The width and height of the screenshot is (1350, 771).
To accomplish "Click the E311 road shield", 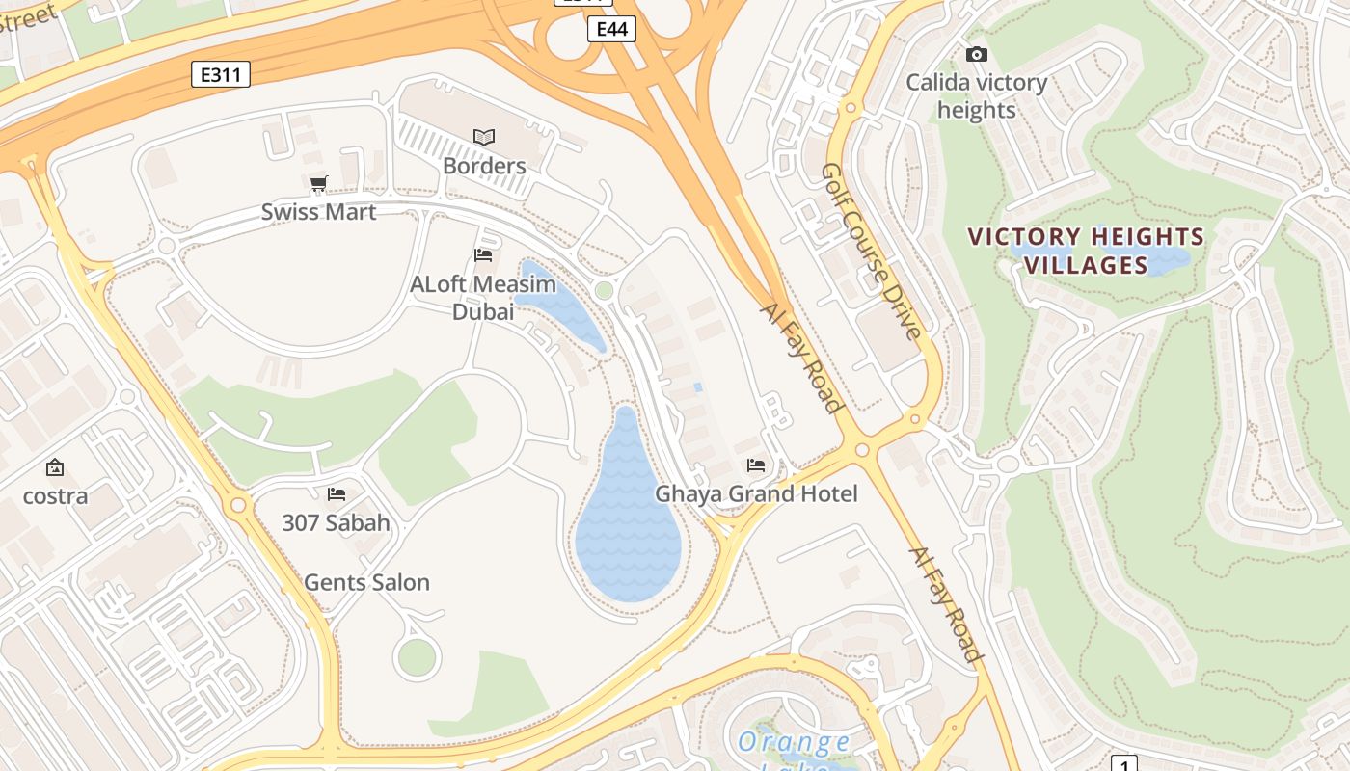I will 221,74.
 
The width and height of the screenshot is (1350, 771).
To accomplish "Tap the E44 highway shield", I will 611,29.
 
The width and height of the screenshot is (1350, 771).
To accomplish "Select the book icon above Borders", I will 483,138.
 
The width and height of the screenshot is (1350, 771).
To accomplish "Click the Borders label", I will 484,166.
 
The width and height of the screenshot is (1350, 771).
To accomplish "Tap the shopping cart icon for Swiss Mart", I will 318,183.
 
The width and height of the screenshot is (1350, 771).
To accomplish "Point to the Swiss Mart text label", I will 318,212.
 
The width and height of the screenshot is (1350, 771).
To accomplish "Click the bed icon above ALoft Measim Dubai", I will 483,255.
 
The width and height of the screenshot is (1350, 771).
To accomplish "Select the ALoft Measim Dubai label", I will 483,298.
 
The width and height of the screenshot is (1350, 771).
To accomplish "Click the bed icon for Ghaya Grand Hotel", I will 756,465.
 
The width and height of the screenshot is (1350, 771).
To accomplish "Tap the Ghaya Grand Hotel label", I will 756,494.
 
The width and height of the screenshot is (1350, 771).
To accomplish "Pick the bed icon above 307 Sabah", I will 336,494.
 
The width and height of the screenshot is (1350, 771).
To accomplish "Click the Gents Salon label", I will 366,583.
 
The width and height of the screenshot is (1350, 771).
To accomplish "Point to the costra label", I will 55,496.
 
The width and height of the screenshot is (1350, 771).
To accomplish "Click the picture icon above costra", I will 55,468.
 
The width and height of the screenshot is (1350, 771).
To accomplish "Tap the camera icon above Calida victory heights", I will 976,55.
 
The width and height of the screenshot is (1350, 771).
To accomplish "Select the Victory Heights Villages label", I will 1086,251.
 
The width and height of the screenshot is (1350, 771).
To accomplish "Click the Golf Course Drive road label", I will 871,251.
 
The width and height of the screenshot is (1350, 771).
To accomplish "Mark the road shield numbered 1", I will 1123,764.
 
